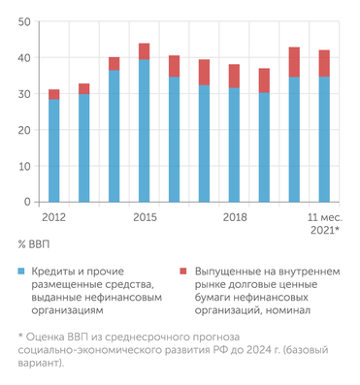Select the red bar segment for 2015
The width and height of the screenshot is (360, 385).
tap(144, 51)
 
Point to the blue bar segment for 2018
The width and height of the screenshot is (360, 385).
tap(234, 144)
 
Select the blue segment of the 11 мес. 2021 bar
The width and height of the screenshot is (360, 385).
tap(324, 140)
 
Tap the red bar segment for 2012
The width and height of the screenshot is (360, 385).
tap(53, 94)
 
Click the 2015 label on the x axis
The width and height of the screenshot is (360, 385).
tap(145, 216)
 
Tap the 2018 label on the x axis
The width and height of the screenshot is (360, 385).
tap(234, 216)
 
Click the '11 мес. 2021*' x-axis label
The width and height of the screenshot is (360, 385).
tap(323, 223)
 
